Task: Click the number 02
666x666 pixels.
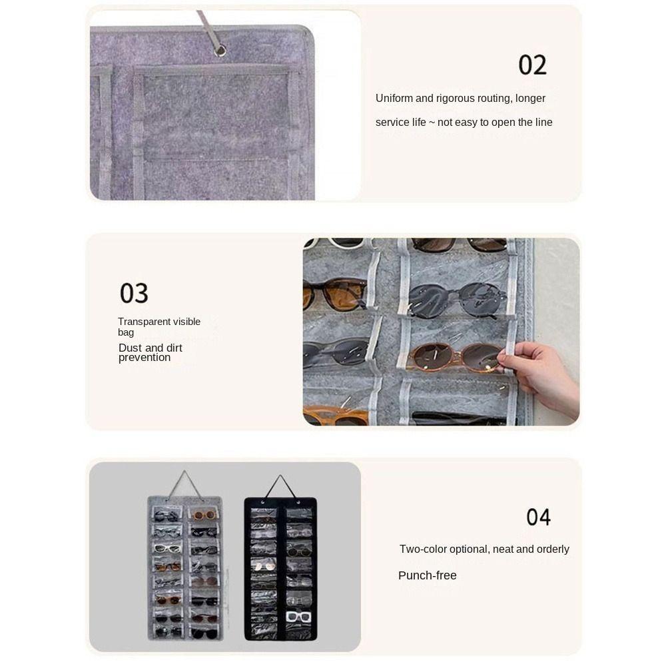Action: (532, 65)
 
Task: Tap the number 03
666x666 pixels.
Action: (134, 293)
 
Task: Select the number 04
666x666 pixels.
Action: (538, 517)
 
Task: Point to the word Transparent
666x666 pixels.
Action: (145, 322)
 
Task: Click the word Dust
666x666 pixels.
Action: (131, 348)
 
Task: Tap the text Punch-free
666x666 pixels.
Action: (428, 575)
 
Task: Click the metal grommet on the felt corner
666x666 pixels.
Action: (219, 50)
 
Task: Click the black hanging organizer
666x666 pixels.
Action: (280, 569)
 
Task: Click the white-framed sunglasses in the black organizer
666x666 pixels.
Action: (298, 616)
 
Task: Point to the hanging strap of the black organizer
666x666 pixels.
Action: (280, 485)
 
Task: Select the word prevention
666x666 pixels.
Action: (145, 358)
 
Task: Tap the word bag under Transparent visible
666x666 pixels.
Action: (126, 332)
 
